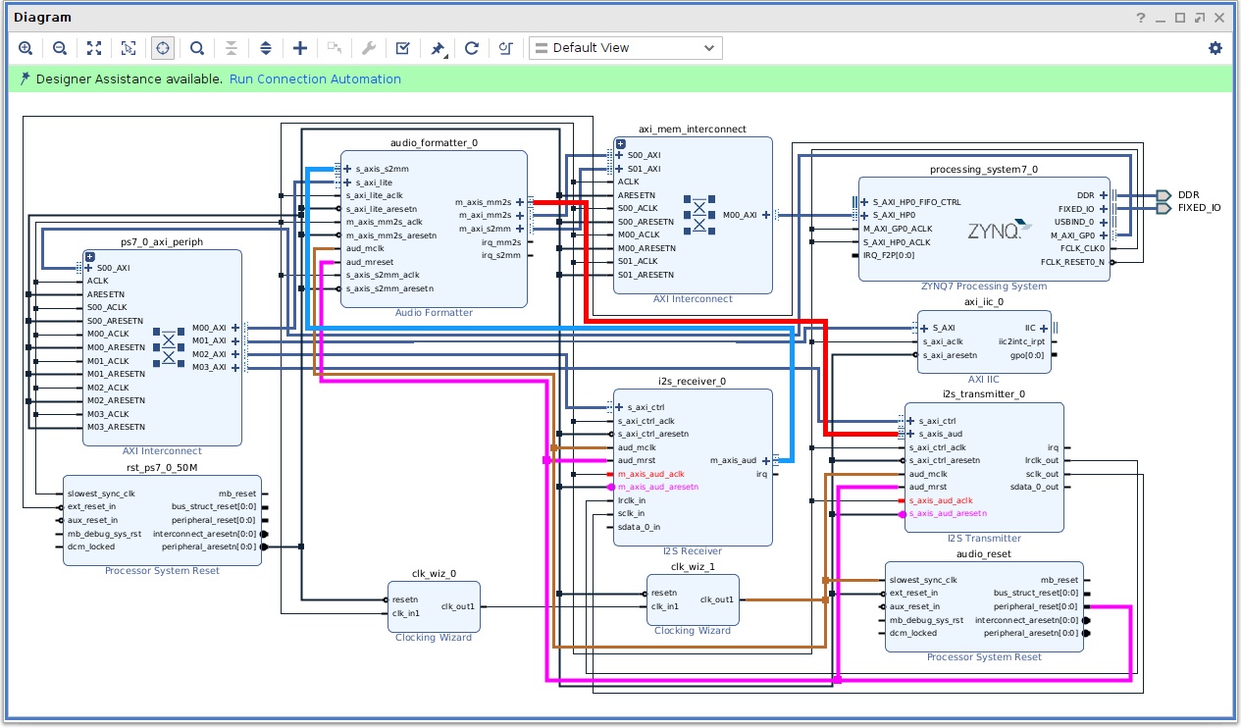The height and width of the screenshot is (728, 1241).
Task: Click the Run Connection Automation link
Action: (315, 79)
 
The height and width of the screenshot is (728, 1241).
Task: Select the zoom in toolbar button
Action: (26, 48)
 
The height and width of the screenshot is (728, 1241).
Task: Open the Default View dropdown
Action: (626, 48)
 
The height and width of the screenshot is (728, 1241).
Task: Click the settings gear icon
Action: (1215, 48)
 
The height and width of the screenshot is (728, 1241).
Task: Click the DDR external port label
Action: (1188, 195)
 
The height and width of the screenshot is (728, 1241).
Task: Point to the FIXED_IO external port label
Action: (1199, 208)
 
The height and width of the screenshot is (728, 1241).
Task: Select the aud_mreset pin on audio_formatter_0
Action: (370, 262)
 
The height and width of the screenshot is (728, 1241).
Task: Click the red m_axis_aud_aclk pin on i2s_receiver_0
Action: (651, 474)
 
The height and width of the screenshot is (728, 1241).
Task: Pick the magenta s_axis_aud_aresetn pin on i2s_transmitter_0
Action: (948, 513)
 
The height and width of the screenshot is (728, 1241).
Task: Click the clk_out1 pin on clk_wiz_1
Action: (716, 600)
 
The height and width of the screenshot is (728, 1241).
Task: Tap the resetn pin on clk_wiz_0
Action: (405, 600)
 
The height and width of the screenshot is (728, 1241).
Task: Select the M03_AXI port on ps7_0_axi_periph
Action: (209, 367)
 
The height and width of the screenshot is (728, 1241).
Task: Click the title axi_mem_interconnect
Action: (692, 130)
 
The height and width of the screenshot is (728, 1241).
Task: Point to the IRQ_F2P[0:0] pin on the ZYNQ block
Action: (888, 255)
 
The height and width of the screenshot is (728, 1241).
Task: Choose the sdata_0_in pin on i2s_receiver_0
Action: (639, 528)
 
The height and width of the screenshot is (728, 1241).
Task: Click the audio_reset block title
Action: (983, 554)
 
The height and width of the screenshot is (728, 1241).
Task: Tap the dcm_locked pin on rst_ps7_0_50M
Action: (91, 546)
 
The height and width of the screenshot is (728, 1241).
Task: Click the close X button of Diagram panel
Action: (1218, 18)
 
